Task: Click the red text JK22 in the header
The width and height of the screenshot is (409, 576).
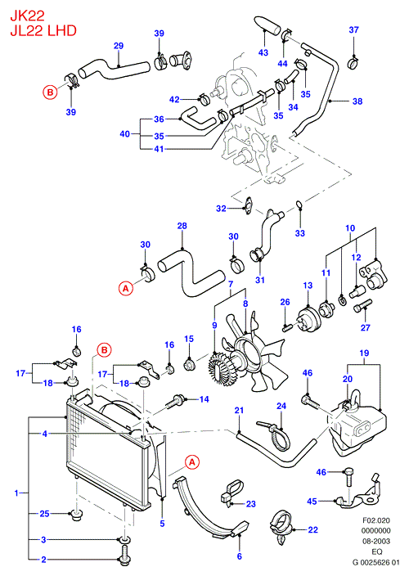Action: (x=27, y=16)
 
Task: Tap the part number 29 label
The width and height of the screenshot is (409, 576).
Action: (x=119, y=46)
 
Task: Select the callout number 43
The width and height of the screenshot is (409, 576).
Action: (x=263, y=52)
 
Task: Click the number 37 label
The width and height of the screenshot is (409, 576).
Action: (x=353, y=29)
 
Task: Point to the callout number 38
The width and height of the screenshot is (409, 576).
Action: (x=357, y=101)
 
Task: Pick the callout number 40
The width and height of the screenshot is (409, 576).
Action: (x=125, y=133)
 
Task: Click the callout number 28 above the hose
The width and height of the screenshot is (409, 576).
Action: (x=182, y=226)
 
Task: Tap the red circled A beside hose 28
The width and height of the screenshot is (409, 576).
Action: (x=126, y=289)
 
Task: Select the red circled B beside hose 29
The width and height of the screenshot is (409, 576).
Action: (x=50, y=92)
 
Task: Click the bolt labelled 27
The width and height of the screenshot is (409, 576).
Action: (x=362, y=306)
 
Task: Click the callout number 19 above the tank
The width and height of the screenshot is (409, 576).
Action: (x=364, y=353)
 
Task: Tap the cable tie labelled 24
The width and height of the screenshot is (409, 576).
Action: (x=275, y=435)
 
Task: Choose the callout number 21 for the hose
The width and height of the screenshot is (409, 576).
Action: (x=239, y=410)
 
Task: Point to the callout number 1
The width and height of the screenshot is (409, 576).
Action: (x=16, y=493)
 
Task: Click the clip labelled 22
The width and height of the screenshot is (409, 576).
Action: (x=281, y=527)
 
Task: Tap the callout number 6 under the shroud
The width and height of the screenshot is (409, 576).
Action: (x=240, y=556)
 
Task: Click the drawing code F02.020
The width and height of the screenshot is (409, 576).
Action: (x=376, y=520)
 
